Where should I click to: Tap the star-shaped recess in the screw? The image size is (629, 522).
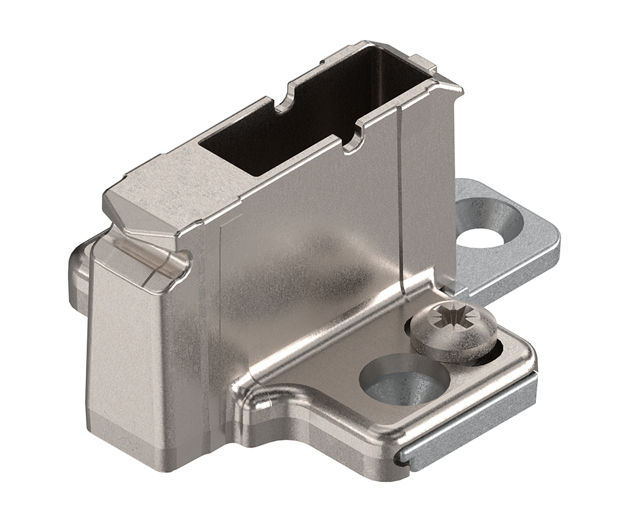pyautogui.click(x=451, y=321)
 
